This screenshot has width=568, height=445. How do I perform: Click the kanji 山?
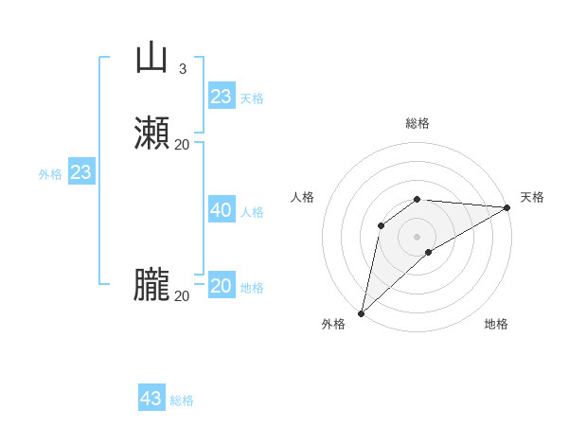[x=151, y=58]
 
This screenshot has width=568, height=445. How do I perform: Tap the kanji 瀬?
[x=151, y=133]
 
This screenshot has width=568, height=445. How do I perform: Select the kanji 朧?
[x=151, y=285]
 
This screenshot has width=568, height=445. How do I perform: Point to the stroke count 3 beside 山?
[x=183, y=68]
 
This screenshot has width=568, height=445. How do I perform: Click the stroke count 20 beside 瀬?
[x=183, y=144]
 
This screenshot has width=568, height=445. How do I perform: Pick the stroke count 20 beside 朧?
[x=183, y=295]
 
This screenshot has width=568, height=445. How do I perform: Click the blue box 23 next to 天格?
[x=222, y=97]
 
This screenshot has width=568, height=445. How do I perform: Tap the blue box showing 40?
[x=222, y=210]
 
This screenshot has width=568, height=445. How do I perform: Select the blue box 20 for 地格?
[x=222, y=286]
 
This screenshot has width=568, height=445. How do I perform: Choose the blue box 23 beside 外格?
[x=81, y=172]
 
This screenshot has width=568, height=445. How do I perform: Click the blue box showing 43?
[x=151, y=399]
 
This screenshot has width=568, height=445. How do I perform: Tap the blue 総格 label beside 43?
[x=182, y=400]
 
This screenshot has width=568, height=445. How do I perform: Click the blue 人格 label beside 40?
[x=252, y=212]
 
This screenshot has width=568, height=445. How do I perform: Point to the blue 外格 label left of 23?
[x=50, y=174]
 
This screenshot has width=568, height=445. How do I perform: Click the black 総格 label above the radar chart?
[x=417, y=123]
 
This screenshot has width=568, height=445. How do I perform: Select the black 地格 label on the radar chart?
[x=496, y=324]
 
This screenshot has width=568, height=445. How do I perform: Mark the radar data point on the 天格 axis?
[x=507, y=207]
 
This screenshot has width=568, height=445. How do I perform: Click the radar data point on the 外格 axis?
[x=361, y=313]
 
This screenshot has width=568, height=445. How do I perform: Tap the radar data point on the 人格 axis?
[x=381, y=224]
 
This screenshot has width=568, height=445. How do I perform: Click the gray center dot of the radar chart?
[x=417, y=236]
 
